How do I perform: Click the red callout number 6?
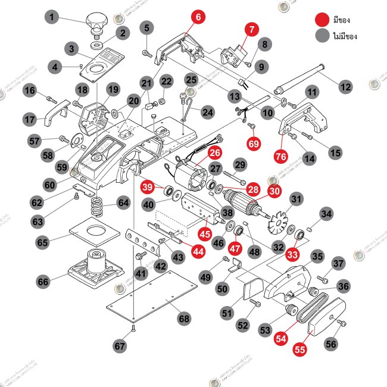click(x=196, y=17)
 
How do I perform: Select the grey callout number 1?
click(x=54, y=18)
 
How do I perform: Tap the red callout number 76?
click(x=280, y=156)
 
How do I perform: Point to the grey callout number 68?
click(x=185, y=319)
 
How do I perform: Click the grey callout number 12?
click(x=345, y=87)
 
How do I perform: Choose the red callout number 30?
click(x=274, y=192)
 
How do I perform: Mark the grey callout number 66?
click(x=43, y=280)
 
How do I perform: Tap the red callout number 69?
click(x=254, y=143)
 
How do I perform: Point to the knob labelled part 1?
click(x=96, y=24)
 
